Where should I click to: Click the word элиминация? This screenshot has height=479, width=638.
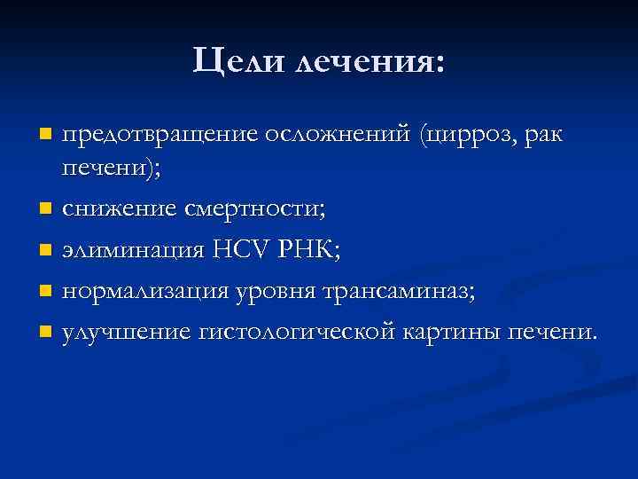[x=133, y=250]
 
